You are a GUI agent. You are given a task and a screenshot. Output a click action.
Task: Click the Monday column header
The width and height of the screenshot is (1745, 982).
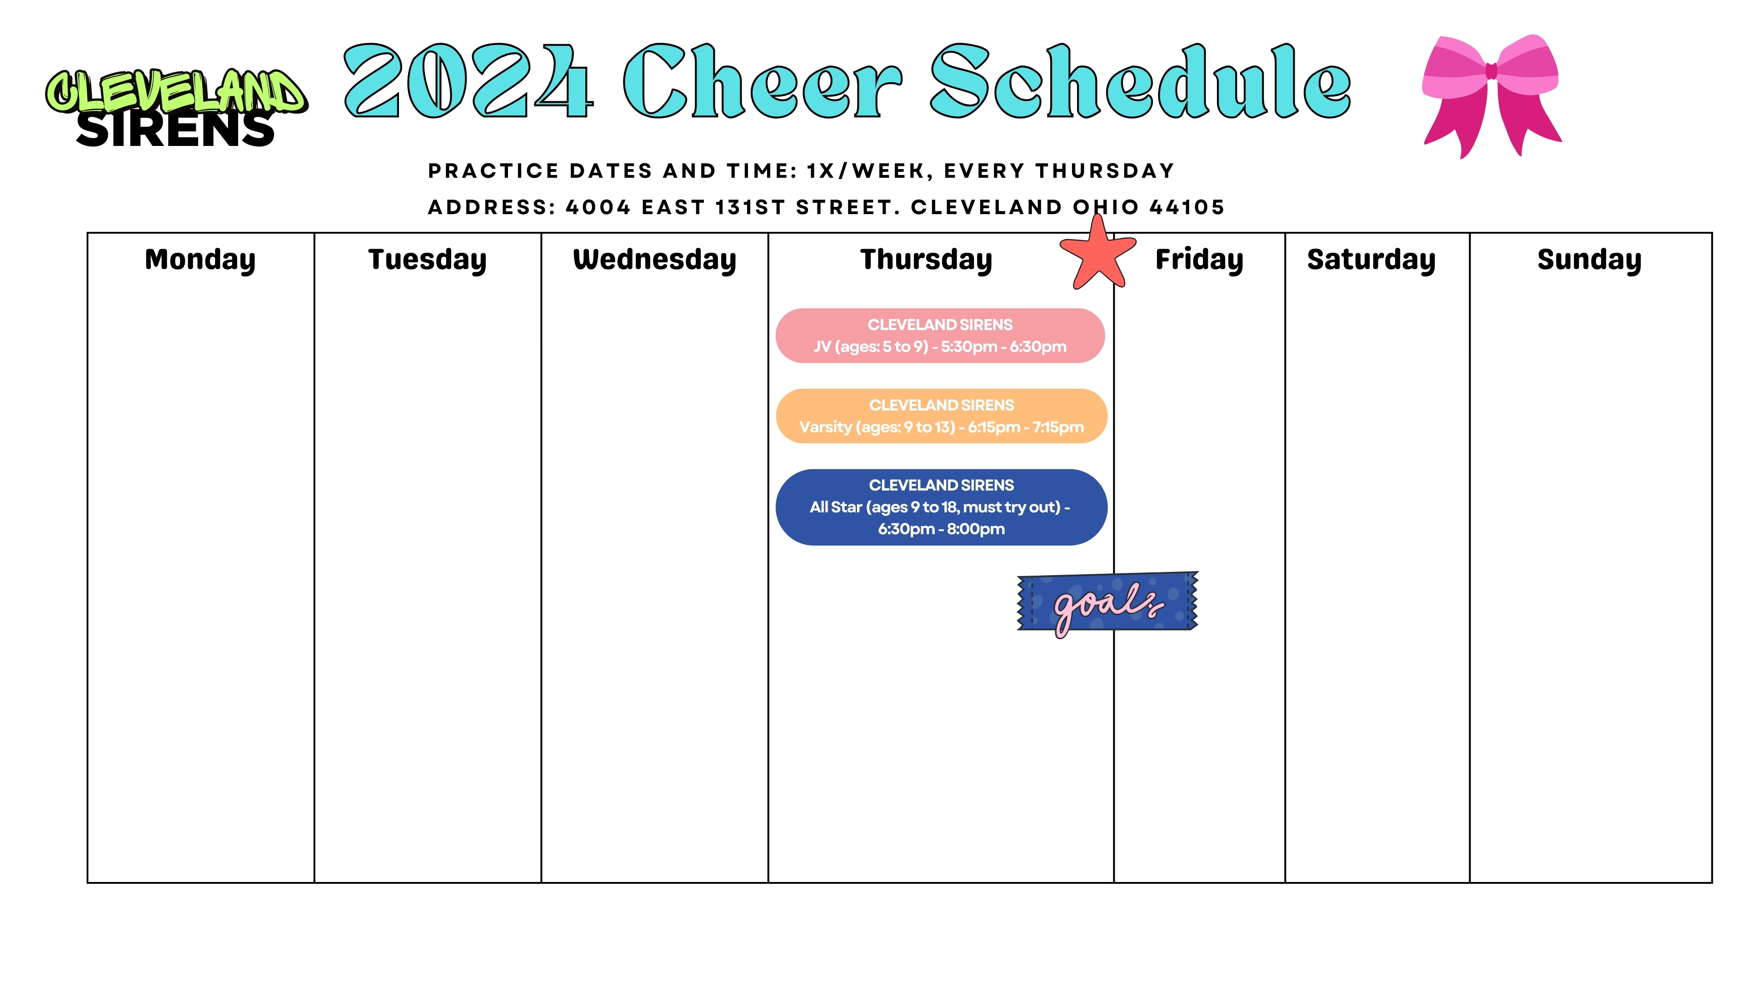tap(200, 260)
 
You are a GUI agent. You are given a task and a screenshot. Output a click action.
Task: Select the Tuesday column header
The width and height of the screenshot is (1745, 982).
tap(428, 260)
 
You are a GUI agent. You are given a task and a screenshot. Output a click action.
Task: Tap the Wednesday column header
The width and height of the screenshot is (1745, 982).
tap(654, 260)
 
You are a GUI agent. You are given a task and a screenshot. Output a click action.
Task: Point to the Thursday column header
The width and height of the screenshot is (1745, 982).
tap(926, 260)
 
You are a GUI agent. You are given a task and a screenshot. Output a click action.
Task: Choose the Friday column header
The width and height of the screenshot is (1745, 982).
tap(1199, 260)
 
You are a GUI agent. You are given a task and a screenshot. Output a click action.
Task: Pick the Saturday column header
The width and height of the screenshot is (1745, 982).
tap(1371, 260)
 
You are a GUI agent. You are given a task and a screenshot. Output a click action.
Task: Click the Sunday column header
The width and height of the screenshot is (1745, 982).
tap(1589, 260)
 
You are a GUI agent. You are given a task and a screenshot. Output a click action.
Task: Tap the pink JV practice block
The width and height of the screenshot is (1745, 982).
tap(940, 336)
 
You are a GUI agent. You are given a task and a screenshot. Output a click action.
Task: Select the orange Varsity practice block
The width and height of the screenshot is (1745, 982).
tap(942, 416)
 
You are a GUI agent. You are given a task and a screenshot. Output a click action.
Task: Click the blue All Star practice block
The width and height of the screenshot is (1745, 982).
tap(942, 507)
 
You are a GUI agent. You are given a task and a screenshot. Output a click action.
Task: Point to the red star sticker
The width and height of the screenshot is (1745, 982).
tap(1097, 254)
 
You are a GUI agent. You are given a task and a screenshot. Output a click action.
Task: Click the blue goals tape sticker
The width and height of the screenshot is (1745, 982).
tap(1107, 602)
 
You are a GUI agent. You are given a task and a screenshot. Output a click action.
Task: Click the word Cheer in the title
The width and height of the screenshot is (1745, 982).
tap(763, 81)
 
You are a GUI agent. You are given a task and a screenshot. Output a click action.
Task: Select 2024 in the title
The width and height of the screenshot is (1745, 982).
tap(469, 81)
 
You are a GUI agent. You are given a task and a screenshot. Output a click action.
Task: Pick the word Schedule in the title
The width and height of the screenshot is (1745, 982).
tap(1141, 81)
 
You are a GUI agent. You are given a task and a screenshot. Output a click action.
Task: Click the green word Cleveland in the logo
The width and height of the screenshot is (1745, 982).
tap(176, 91)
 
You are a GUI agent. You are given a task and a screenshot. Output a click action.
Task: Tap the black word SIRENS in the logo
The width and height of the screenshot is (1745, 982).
tap(175, 130)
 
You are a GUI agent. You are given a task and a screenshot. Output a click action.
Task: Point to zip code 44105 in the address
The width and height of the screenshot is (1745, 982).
tap(1187, 207)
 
